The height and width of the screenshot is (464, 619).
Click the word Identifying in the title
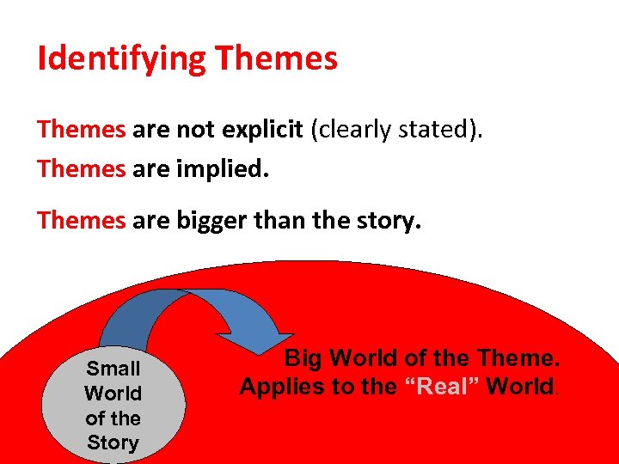click(122, 59)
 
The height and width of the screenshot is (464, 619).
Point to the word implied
click(224, 169)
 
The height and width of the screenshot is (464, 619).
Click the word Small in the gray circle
click(113, 369)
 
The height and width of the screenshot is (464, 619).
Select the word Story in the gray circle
click(113, 443)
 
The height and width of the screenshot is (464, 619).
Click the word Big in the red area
click(305, 357)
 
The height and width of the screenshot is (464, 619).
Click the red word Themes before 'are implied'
click(81, 169)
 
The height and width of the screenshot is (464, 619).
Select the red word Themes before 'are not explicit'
click(81, 130)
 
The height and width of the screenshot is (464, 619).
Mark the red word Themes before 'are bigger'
click(81, 221)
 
